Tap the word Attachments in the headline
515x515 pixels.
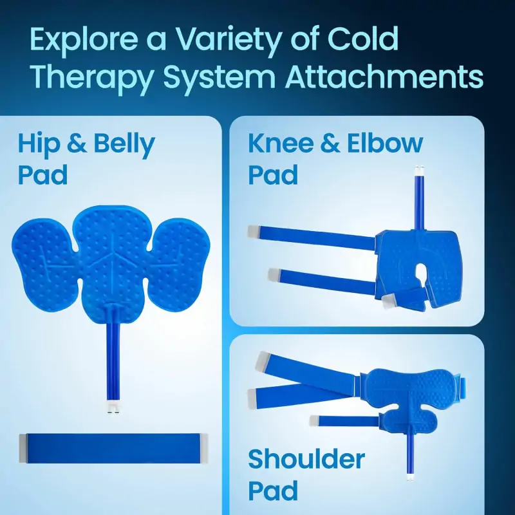click(x=384, y=77)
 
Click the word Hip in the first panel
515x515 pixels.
click(x=38, y=145)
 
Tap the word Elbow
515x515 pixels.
click(x=386, y=144)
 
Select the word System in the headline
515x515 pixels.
click(x=215, y=77)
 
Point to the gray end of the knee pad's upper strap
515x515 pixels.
click(x=253, y=230)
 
